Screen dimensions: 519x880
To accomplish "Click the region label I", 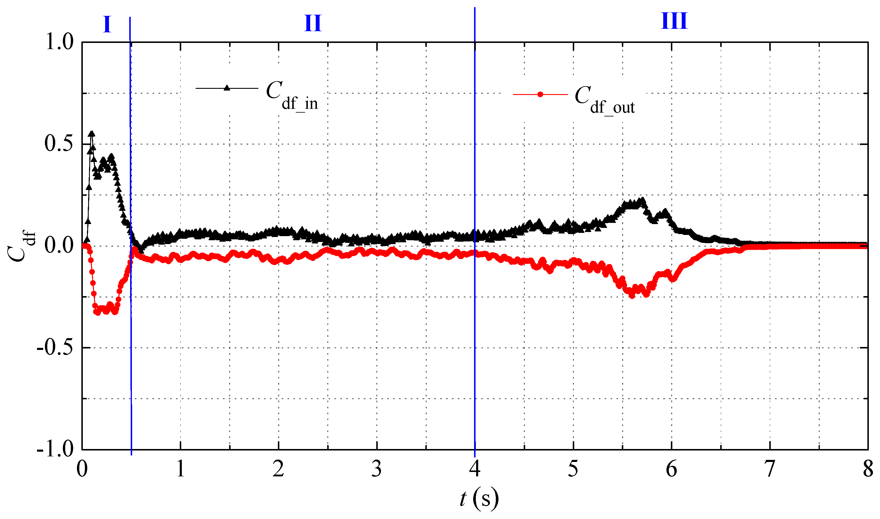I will tap(107, 24).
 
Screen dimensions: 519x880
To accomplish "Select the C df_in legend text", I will tap(292, 95).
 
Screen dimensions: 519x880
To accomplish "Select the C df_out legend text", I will tap(605, 100).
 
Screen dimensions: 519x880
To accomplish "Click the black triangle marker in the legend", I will tap(227, 88).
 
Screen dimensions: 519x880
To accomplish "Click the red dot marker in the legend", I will tap(540, 94).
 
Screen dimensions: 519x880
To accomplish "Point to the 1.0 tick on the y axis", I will tap(60, 43).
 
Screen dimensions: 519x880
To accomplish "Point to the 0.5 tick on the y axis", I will tap(59, 144).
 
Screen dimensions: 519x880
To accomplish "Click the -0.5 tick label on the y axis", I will tap(55, 348).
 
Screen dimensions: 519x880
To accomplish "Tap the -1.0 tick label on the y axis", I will tap(55, 449).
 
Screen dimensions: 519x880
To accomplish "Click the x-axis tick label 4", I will tap(475, 469).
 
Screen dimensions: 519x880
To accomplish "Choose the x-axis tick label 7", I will tap(770, 469).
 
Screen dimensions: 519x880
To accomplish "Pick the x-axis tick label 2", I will tap(278, 469).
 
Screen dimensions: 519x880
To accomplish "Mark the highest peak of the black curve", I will tap(92, 133).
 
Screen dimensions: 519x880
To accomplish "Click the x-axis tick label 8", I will tap(868, 469).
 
